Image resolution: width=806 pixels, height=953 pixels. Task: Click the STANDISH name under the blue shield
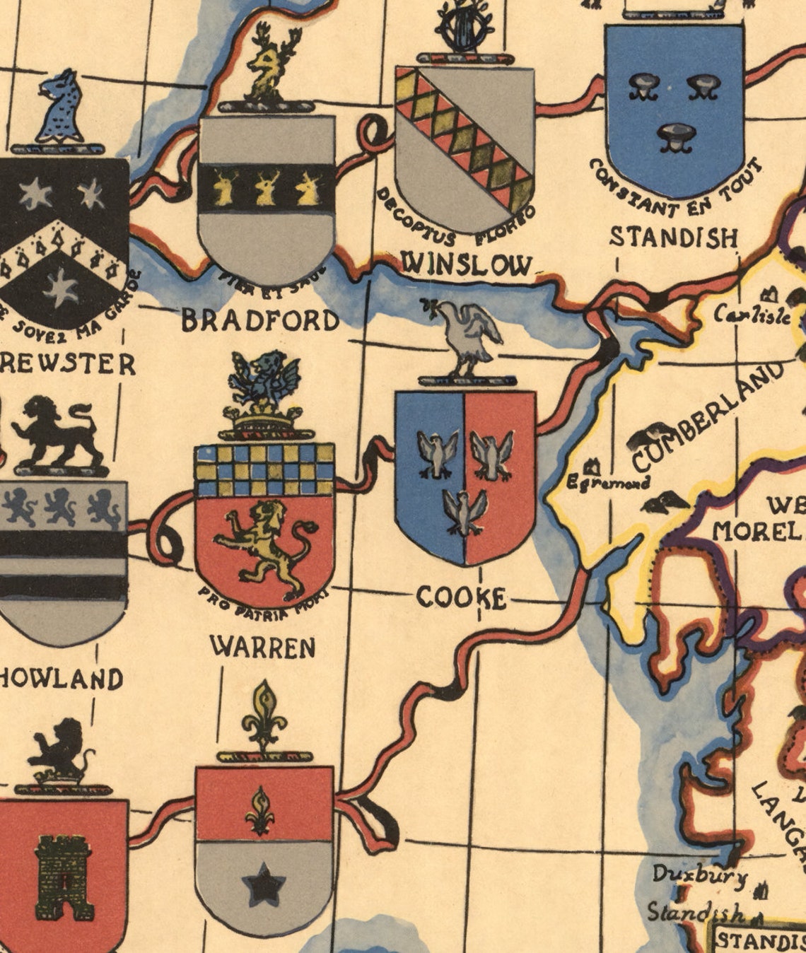click(673, 238)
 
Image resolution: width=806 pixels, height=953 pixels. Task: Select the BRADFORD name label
click(260, 321)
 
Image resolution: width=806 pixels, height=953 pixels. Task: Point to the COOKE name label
click(461, 597)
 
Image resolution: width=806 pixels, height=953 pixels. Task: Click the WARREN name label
click(262, 646)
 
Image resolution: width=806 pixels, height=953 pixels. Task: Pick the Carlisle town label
click(752, 314)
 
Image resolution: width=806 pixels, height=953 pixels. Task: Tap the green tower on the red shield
click(64, 877)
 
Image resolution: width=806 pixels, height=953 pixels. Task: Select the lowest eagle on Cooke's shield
click(465, 510)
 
